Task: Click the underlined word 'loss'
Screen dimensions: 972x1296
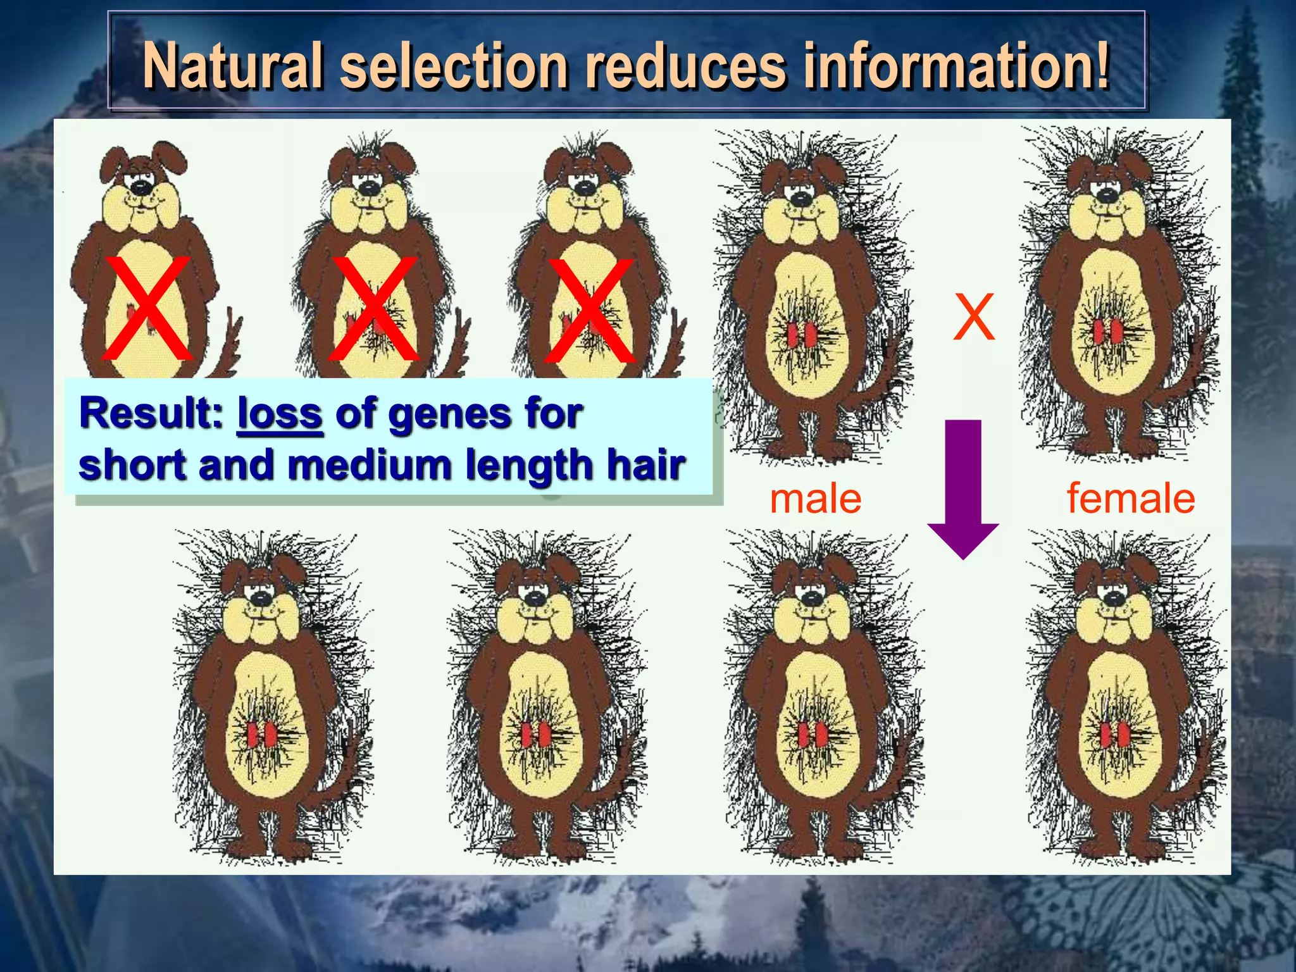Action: [280, 414]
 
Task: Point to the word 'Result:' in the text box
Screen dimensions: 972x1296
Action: [151, 414]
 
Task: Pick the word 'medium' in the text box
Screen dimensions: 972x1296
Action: [370, 465]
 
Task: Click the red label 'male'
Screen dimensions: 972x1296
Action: [815, 499]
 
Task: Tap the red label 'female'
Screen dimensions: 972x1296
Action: [1131, 499]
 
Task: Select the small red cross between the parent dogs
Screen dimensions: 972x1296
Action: [974, 316]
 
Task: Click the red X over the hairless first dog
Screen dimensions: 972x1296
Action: [147, 308]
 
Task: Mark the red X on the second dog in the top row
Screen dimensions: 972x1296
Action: [373, 308]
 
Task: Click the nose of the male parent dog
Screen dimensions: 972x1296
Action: [802, 198]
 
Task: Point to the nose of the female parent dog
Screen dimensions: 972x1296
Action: [1106, 194]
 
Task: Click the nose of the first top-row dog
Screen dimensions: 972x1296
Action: [139, 186]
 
